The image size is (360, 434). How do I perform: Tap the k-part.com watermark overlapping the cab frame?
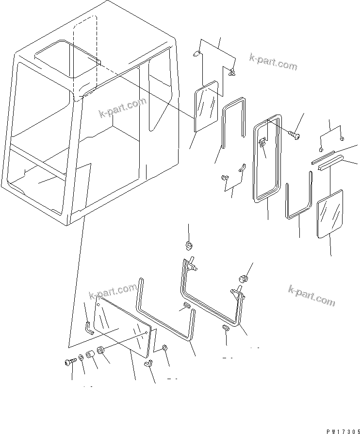(122, 108)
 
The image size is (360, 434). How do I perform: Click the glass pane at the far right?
(329, 214)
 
